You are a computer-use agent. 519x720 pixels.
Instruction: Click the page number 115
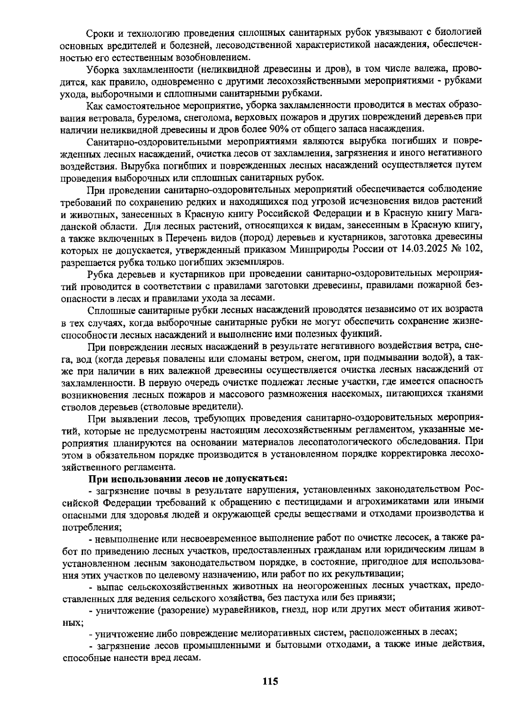point(269,682)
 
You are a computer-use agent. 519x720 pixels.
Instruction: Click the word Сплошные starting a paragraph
point(106,310)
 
